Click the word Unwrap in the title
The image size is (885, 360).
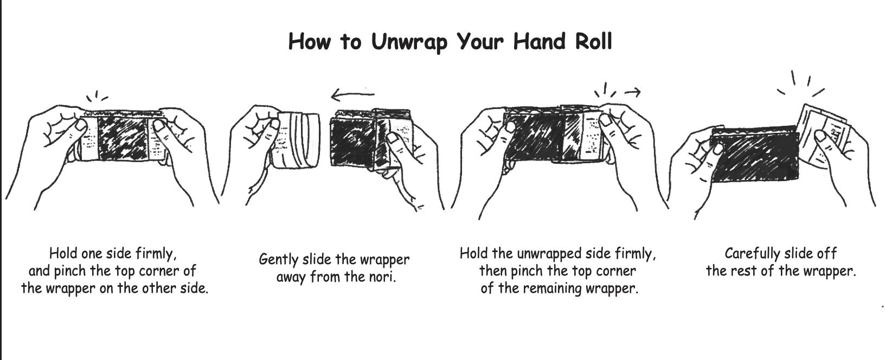(x=409, y=42)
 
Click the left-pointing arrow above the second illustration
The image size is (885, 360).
(x=352, y=95)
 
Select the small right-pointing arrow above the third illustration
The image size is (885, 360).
(x=632, y=93)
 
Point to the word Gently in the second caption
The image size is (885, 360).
(x=279, y=260)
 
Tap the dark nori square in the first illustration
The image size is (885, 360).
(x=123, y=138)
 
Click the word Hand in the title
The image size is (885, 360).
(x=539, y=41)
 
